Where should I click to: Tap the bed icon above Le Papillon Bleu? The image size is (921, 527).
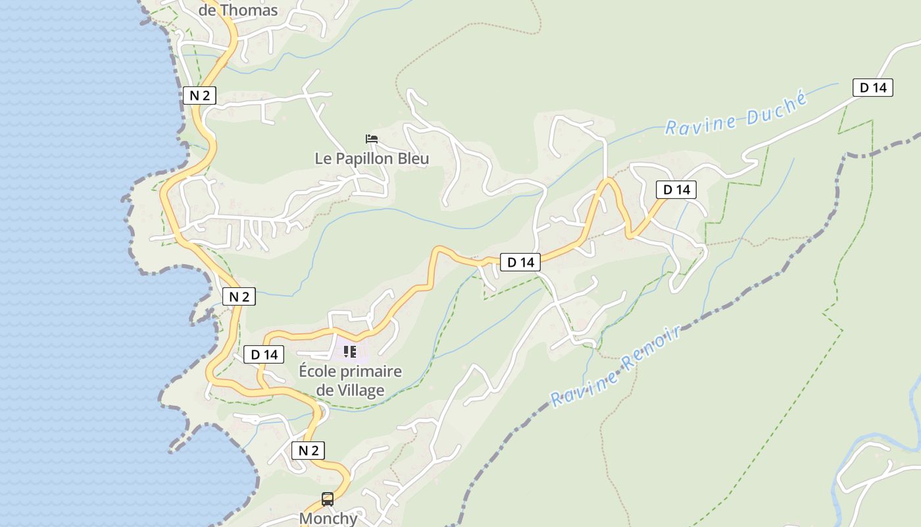coord(372,139)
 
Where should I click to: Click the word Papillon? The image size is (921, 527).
coord(370,159)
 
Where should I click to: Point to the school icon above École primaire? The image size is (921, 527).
coord(350,352)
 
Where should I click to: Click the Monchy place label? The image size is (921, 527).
coord(328,518)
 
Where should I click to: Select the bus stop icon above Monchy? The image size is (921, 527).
coord(328,499)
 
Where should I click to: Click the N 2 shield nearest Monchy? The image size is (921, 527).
coord(308,451)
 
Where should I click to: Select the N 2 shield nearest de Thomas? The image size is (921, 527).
coord(199,96)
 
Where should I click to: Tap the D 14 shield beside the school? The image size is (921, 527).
coord(264,354)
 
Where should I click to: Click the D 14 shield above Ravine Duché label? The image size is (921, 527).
coord(873,88)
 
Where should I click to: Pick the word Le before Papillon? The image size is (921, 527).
coord(323,159)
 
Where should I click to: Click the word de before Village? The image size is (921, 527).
coord(324,390)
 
